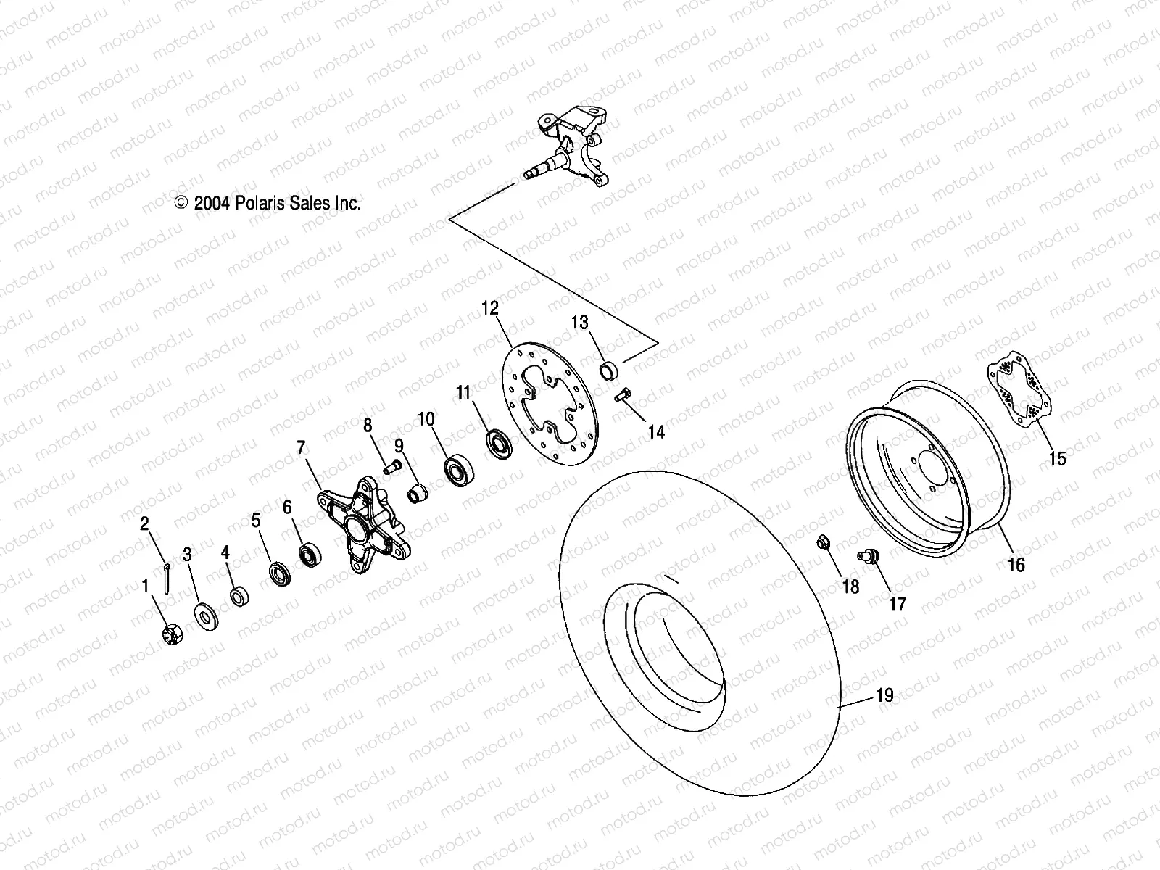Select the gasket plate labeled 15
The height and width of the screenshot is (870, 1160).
1019,393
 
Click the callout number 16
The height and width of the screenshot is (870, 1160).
1016,563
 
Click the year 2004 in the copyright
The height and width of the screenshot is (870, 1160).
212,204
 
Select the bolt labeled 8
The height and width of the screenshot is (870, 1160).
395,465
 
